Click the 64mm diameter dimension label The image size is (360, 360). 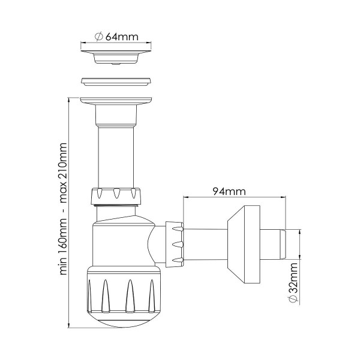(116, 37)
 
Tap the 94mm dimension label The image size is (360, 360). (229, 191)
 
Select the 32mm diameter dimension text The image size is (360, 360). (293, 283)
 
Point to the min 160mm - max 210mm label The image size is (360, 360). (63, 209)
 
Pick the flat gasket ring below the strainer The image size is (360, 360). (116, 82)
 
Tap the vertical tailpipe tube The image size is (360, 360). (116, 157)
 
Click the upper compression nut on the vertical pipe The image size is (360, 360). (116, 196)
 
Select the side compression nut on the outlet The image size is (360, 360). (175, 245)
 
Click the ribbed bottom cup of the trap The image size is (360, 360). (124, 290)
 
